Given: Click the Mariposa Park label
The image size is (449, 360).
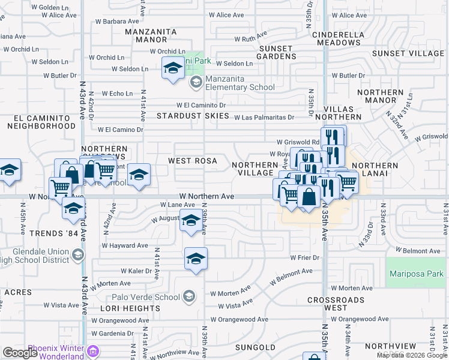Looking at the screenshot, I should pos(416,274).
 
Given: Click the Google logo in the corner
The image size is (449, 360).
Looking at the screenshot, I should pos(20,353).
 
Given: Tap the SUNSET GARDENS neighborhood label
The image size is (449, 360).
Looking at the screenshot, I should pos(276,52).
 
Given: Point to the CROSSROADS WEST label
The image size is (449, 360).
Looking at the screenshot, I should pos(336,303).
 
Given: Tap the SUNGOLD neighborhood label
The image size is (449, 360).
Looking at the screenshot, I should pos(255,347).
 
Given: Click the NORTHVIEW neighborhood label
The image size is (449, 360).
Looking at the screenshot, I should pos(390,346).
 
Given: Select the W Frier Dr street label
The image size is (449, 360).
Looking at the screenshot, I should pos(304,257).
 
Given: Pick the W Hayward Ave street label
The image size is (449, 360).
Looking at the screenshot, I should pos(125,245).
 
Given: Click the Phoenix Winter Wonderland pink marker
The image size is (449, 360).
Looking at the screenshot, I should pos(93,351).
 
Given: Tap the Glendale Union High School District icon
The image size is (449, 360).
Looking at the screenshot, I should pos(77,256).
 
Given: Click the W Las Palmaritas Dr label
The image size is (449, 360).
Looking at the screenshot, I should pos(264,118).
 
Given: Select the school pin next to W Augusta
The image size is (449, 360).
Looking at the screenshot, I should pos(191,222).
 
